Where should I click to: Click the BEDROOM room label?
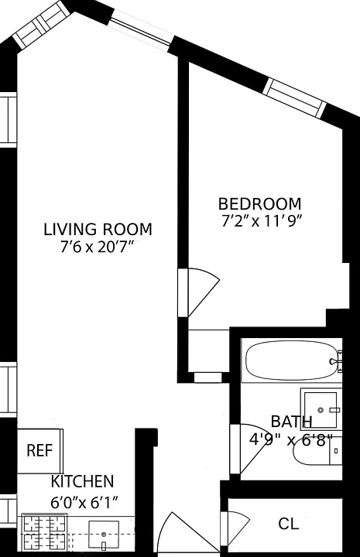260,204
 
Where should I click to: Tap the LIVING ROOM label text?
98,229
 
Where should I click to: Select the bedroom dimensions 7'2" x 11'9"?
262,221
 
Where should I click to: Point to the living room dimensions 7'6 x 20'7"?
98,247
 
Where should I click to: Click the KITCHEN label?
82,481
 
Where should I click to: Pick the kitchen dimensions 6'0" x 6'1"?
84,503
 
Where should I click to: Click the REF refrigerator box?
39,451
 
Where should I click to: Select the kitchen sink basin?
104,535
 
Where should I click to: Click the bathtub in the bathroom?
291,361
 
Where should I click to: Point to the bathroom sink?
321,410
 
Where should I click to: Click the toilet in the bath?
317,451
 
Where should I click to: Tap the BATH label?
291,422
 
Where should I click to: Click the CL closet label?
288,524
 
